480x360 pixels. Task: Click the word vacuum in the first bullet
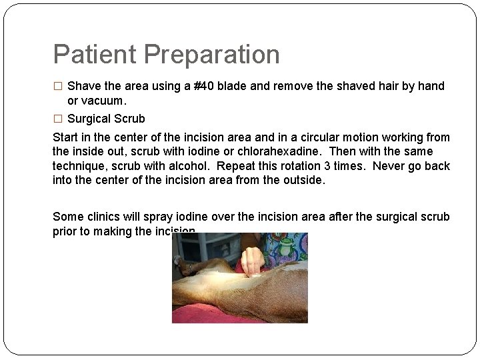[x=103, y=101]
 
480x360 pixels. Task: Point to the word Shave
[x=84, y=86]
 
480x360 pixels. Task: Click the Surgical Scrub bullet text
[x=106, y=119]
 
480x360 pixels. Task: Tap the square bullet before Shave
[x=57, y=86]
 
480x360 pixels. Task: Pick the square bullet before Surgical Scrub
[x=57, y=119]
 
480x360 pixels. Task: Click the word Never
[x=390, y=166]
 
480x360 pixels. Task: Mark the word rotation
[x=307, y=166]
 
